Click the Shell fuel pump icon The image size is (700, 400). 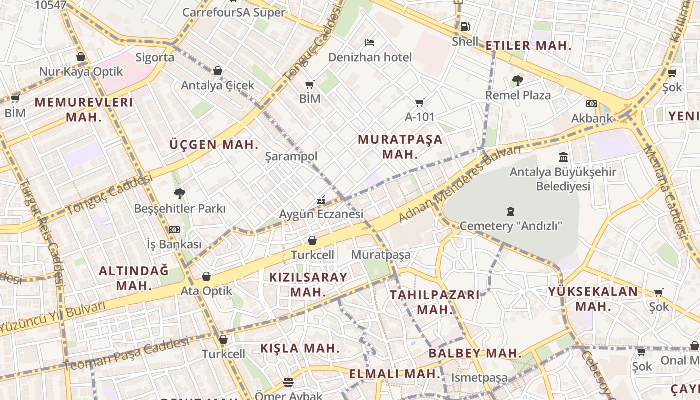465,26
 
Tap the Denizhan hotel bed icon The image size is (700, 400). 370,42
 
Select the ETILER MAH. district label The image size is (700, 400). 528,46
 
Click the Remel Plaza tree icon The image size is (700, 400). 518,80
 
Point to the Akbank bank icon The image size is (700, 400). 592,104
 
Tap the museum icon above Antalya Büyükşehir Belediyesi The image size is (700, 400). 563,157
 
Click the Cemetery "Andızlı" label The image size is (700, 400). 510,226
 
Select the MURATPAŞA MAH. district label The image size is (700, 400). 400,147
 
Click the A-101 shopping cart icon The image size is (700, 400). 420,103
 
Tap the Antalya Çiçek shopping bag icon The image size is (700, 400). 218,71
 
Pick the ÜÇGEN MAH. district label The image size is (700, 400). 214,145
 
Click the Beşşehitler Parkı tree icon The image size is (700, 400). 179,194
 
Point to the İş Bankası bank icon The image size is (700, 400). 174,230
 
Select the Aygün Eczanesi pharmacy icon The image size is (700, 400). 321,200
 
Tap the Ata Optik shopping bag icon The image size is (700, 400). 206,276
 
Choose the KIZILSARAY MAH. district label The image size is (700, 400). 308,284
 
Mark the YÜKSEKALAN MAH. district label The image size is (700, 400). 593,299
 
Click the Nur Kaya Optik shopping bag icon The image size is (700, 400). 81,57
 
